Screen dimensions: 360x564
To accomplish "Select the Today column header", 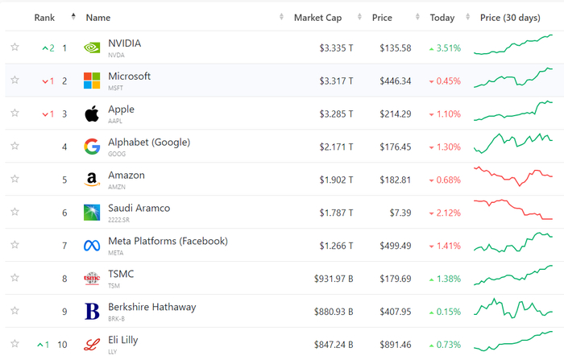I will (x=442, y=18).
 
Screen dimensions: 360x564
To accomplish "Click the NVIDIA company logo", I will (x=92, y=48).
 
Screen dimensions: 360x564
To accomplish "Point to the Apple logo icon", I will (x=92, y=114).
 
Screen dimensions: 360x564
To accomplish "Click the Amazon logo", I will (x=92, y=180).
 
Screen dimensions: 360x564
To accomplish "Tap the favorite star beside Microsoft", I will (x=15, y=81).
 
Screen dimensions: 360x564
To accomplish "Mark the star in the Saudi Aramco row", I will (x=15, y=212).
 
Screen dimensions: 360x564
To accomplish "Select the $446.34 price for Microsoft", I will (x=395, y=81).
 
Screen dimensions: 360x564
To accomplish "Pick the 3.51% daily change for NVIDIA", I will (x=448, y=48).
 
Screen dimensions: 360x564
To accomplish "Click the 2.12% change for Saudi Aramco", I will (x=448, y=213).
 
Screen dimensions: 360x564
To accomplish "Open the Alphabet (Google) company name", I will (x=149, y=143).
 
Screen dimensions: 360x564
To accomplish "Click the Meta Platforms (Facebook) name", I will (x=168, y=241).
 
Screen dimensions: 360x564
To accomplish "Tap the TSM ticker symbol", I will (x=115, y=285).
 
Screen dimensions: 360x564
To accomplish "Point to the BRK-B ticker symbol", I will (x=118, y=318).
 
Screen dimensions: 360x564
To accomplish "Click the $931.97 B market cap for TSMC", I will (x=334, y=279).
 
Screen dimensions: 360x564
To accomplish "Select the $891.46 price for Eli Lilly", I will (x=395, y=345).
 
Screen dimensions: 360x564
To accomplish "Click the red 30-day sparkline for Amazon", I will (x=513, y=175).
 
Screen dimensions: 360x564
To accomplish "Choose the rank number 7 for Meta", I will (x=64, y=246).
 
